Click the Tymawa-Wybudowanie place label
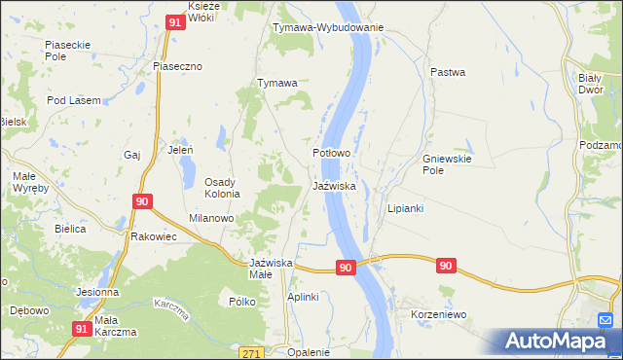pyautogui.click(x=328, y=27)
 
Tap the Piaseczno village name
pyautogui.click(x=177, y=65)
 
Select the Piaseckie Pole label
pyautogui.click(x=68, y=51)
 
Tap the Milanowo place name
pyautogui.click(x=211, y=219)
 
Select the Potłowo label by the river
pyautogui.click(x=331, y=154)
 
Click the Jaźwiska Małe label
pyautogui.click(x=271, y=269)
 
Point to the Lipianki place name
pyautogui.click(x=405, y=208)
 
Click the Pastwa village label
pyautogui.click(x=448, y=72)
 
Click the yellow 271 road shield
pyautogui.click(x=253, y=351)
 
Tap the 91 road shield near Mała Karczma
pyautogui.click(x=82, y=330)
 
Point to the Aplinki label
pyautogui.click(x=303, y=297)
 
